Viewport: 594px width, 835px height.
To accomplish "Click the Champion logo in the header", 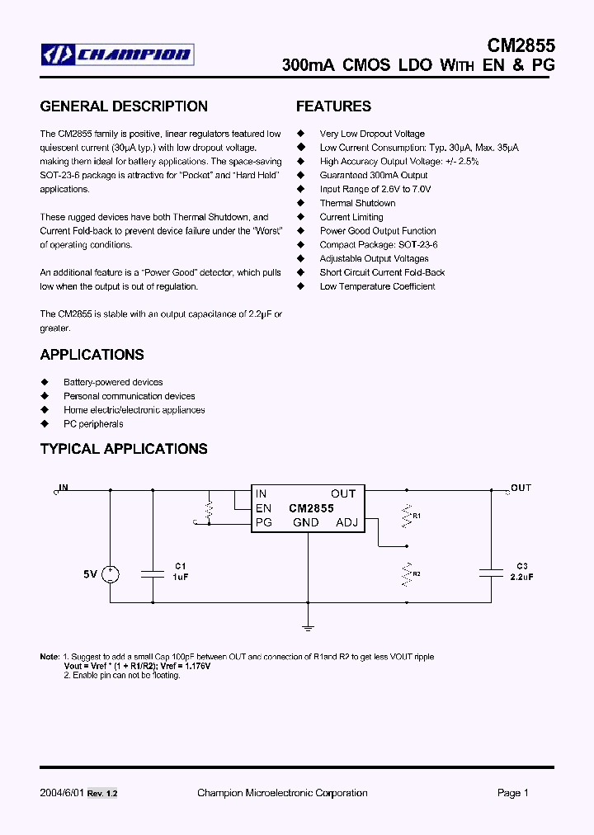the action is tap(117, 55).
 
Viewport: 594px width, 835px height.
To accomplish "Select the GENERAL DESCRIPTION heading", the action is tap(124, 106).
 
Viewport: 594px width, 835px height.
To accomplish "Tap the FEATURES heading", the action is tap(333, 106).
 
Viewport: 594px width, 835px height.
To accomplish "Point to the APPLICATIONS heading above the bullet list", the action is tap(92, 355).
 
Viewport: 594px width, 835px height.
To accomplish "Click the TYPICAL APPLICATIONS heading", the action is tap(124, 449).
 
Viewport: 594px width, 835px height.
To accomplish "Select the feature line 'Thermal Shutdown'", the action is tap(357, 203).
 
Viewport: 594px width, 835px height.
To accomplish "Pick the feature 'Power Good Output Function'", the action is tap(378, 231).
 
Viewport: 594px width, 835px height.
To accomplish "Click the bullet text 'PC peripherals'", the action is tap(93, 424).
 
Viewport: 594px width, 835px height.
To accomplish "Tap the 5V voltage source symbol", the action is tap(111, 574).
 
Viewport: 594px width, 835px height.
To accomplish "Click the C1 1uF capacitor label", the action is tap(181, 572).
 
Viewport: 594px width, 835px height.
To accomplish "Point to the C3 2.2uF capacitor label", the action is tap(521, 572).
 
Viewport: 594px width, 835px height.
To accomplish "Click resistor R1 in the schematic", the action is tap(406, 516).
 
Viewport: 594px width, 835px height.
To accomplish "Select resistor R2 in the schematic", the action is tap(406, 573).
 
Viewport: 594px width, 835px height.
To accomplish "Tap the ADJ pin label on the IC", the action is tap(346, 522).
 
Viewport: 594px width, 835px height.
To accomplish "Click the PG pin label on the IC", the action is tap(264, 522).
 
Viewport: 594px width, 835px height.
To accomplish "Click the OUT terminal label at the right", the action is tap(521, 488).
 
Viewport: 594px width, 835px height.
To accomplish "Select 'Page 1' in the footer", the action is tap(512, 793).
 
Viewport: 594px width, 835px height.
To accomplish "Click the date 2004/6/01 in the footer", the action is tap(62, 793).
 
